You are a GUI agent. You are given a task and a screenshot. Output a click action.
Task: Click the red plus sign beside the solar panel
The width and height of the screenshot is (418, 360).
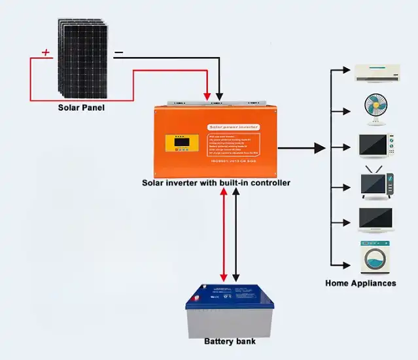point(46,52)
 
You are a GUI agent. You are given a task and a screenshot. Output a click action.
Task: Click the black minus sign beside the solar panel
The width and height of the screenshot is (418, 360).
point(118,52)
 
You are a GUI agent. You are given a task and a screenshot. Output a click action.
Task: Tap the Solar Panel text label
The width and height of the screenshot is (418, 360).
point(80,108)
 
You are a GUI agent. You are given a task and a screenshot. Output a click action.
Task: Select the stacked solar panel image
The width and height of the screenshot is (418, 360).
point(84,57)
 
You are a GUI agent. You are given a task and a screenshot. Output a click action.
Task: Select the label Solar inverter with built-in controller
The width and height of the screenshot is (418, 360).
point(216,183)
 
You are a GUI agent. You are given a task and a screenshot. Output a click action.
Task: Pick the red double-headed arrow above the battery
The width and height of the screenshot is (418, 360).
point(224,236)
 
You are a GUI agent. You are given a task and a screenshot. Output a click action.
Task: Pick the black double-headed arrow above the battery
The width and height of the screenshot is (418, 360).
point(237,236)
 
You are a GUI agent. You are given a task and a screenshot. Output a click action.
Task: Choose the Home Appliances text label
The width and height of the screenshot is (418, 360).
point(360,283)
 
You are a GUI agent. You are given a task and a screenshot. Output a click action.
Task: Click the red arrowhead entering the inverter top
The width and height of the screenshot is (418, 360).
point(208,98)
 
